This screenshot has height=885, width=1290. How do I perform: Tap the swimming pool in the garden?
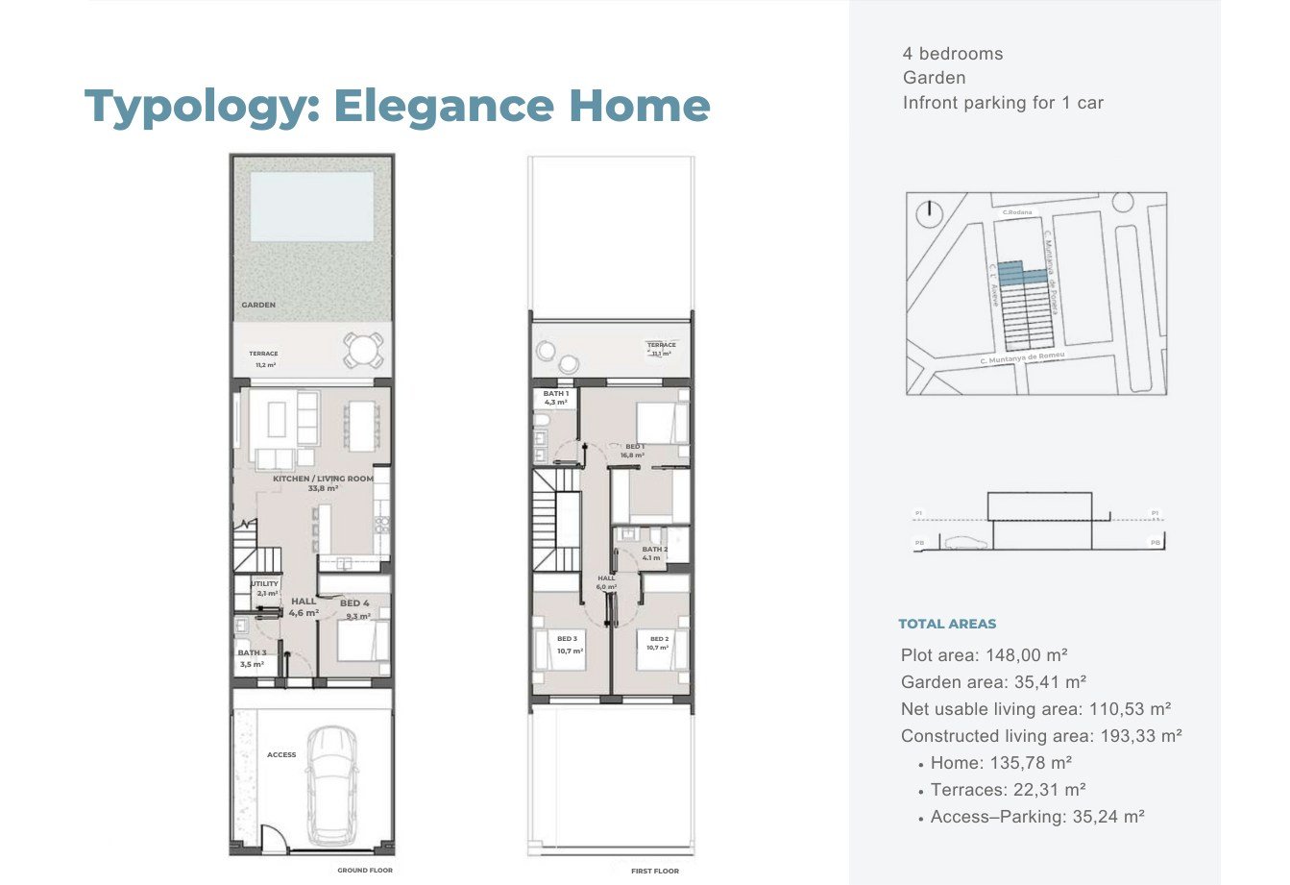(311, 207)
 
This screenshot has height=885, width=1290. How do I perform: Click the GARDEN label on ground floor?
(258, 305)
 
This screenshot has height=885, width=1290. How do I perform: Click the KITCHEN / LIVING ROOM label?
(323, 479)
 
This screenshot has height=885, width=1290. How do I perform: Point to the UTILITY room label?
(264, 583)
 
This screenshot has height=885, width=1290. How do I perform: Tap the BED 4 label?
(354, 603)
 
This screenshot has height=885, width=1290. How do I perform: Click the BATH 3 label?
(252, 652)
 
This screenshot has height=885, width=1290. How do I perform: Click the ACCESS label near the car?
(281, 755)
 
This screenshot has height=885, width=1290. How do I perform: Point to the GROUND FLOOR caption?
(365, 871)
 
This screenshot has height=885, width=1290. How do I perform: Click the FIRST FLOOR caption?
(655, 871)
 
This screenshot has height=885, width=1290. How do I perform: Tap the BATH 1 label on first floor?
(556, 394)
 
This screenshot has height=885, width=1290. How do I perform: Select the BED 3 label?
(567, 639)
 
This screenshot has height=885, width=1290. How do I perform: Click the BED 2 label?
(659, 639)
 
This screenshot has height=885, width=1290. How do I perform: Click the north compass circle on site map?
(930, 213)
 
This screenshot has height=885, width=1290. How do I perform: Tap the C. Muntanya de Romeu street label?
(1022, 358)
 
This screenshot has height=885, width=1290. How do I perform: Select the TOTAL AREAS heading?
(947, 624)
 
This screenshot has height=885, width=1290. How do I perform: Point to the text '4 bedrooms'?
(952, 54)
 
